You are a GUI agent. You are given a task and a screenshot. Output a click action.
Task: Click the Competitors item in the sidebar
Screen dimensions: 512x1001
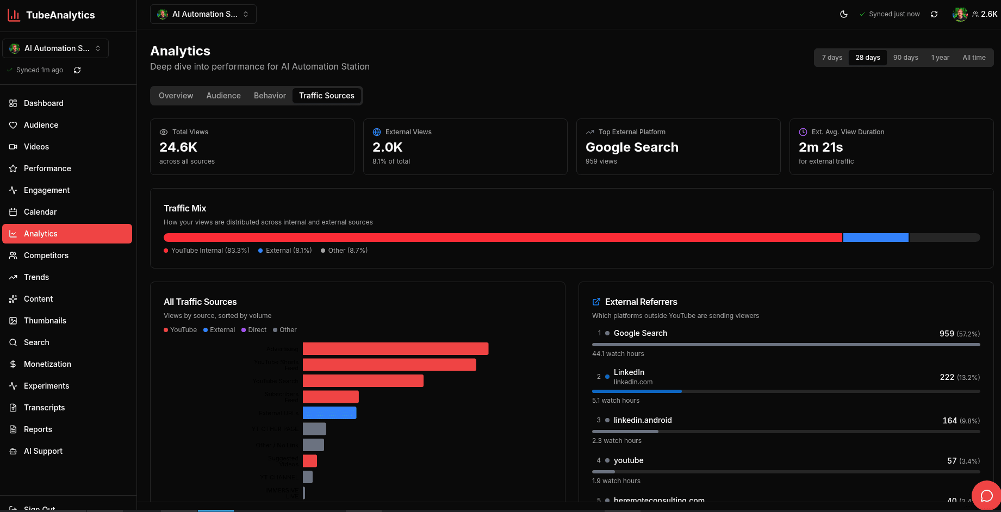coord(46,255)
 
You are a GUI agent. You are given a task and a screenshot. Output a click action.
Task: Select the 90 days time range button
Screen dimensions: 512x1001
coord(905,58)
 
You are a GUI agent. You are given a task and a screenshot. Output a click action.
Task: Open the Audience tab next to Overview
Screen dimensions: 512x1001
coord(223,96)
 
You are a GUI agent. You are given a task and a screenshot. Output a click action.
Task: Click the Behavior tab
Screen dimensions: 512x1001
coord(270,96)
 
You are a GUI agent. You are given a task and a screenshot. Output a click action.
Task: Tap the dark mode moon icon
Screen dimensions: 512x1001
coord(844,14)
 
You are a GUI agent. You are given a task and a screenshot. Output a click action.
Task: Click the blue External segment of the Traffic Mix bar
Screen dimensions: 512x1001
coord(875,238)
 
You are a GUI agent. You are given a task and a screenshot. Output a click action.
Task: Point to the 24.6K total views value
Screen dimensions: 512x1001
coord(178,147)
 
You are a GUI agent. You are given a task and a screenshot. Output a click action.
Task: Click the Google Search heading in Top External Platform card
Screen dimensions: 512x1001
coord(632,147)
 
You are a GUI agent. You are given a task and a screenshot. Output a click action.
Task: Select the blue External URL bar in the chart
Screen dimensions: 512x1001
coord(329,413)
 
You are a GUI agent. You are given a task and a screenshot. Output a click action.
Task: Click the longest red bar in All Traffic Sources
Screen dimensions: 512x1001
coord(395,349)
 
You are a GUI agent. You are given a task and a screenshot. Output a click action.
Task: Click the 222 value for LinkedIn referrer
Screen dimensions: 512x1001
coord(947,377)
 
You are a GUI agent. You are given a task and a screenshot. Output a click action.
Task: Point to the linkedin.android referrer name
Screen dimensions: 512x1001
coord(643,420)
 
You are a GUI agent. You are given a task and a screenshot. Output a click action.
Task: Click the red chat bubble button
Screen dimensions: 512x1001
coord(986,495)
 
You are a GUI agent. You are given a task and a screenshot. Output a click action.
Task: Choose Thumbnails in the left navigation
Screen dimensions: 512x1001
coord(45,321)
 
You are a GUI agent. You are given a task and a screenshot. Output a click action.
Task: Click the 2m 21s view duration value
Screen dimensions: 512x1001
coord(820,147)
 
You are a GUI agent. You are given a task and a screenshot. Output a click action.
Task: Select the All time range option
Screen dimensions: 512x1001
coord(974,58)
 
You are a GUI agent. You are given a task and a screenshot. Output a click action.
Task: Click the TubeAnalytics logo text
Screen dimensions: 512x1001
coord(60,15)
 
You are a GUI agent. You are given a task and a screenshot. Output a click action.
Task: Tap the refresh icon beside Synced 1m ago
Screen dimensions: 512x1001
coord(77,70)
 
